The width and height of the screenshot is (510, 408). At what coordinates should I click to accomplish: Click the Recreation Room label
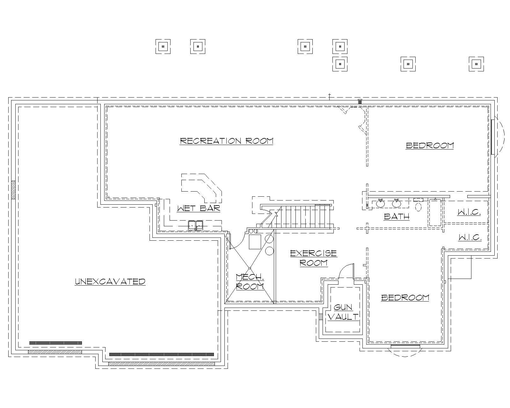point(227,141)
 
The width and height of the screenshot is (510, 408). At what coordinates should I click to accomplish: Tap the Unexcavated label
point(110,281)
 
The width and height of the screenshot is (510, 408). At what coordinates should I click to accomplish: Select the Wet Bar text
point(199,208)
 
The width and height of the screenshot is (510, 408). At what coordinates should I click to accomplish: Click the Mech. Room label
point(250,281)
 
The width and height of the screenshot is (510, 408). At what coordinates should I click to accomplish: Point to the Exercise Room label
point(313,258)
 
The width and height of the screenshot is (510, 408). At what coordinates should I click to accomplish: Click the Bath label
point(397,216)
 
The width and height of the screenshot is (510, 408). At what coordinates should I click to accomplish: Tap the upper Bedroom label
point(430,146)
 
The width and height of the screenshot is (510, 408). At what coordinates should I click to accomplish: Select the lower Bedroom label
point(405,298)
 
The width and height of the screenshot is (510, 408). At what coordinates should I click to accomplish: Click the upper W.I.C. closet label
point(469,212)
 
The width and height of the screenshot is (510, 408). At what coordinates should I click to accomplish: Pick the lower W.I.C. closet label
point(470,237)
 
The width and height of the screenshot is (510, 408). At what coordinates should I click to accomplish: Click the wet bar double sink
point(195,225)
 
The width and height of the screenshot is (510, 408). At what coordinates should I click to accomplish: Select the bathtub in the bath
point(435,212)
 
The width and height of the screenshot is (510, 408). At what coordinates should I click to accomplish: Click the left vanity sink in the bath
point(380,203)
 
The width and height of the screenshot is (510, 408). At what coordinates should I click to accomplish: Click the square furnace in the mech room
point(255,242)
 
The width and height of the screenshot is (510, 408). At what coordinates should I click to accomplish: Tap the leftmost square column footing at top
point(163,47)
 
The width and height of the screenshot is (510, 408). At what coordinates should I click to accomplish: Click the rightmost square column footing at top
point(476,64)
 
